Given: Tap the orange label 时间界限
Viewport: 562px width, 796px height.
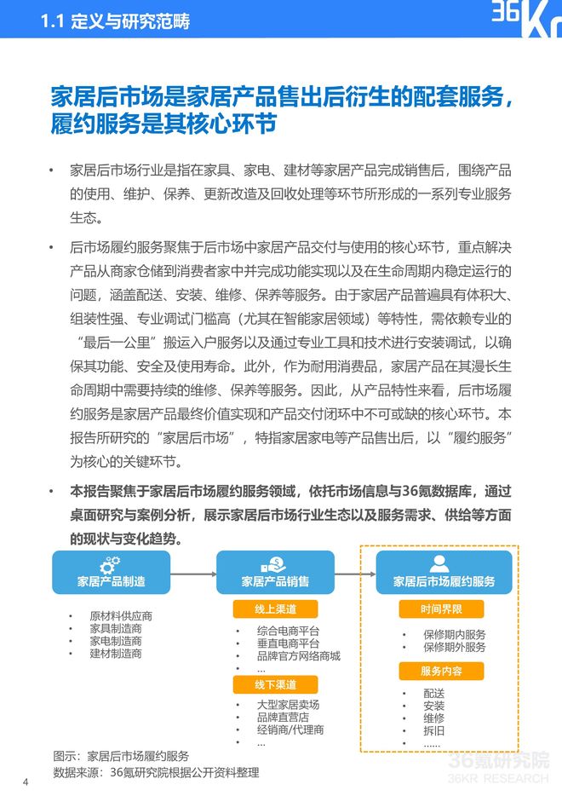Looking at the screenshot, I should point(441,609).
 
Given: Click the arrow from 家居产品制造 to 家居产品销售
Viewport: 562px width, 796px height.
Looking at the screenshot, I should point(192,572).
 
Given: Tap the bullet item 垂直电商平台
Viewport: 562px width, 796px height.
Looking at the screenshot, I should point(288,643).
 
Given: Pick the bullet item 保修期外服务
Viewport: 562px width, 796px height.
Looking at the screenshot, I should point(454,647).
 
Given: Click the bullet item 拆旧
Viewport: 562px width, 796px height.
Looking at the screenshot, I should point(433,730).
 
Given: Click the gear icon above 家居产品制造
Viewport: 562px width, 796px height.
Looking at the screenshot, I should point(110,563).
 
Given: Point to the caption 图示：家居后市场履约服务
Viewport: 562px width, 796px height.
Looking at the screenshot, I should point(120,755).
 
